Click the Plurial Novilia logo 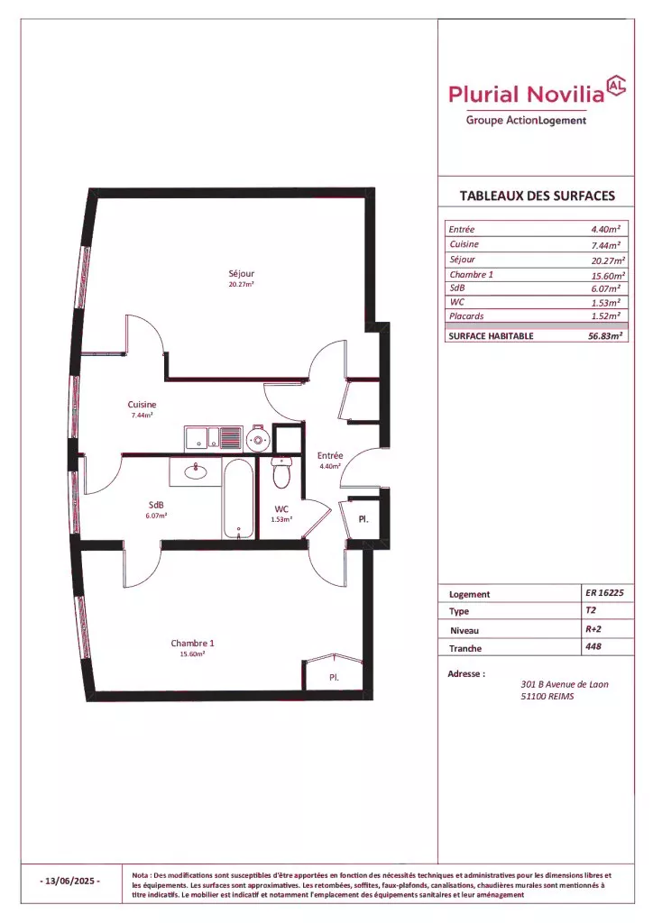coord(537,101)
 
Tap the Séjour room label coord(242,274)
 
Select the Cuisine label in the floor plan coord(142,405)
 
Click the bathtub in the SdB coord(238,498)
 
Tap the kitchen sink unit coord(213,438)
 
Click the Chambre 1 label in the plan coord(192,644)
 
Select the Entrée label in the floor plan coord(330,455)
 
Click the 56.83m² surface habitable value coord(605,335)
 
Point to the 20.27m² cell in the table coord(608,260)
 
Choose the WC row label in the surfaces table coord(456,302)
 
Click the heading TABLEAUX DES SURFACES coord(537,196)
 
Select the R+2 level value coord(593,628)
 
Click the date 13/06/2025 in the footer coord(70,882)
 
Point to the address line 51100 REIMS coord(547,697)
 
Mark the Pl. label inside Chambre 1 coord(334,678)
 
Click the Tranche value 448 coord(593,646)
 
